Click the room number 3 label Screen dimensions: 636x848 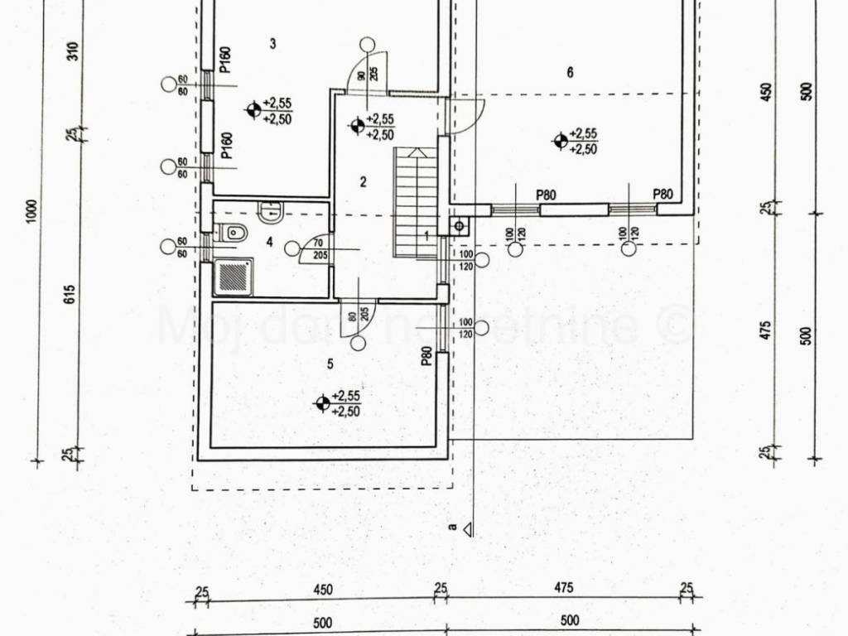273,44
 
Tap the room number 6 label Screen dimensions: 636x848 570,72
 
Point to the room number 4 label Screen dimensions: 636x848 269,242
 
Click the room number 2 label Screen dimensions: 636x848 363,182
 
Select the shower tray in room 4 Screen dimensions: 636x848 234,277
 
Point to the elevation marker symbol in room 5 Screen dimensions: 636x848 322,403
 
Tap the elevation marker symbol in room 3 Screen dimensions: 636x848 253,108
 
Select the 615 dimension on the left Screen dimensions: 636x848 70,294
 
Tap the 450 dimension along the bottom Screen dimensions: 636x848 322,590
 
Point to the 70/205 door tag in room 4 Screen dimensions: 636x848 319,249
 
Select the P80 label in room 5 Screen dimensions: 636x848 426,356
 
